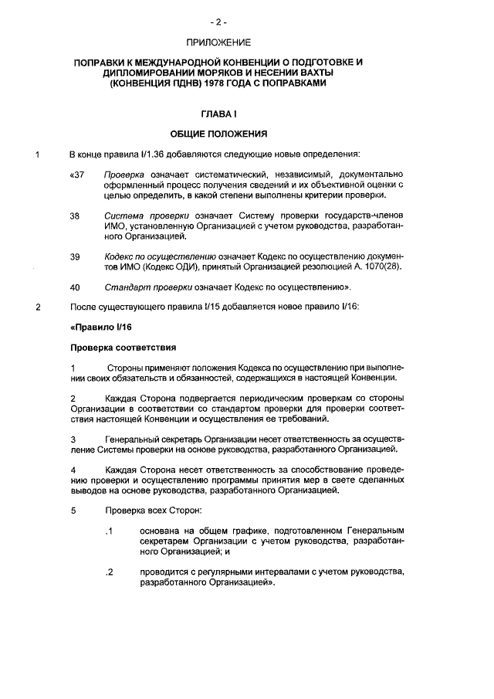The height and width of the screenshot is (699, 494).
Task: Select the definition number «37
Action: pyautogui.click(x=76, y=175)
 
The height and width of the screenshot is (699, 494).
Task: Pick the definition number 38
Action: pyautogui.click(x=75, y=216)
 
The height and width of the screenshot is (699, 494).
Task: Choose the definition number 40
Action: pyautogui.click(x=75, y=287)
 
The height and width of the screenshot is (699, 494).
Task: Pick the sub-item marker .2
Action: pyautogui.click(x=110, y=572)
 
